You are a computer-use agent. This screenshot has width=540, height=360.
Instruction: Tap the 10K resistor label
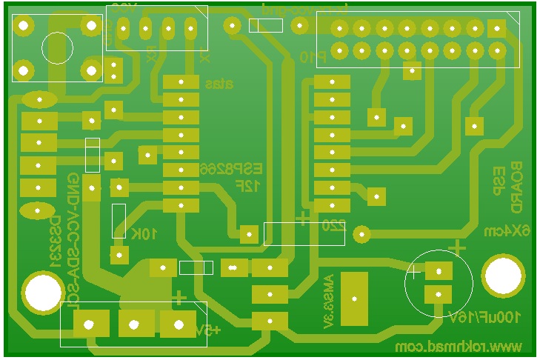tap(144, 234)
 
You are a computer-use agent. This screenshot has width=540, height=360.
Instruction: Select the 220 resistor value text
tap(334, 226)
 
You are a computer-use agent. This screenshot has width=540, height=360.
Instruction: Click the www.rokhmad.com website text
tap(459, 347)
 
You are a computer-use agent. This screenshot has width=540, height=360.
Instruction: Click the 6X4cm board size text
tap(510, 231)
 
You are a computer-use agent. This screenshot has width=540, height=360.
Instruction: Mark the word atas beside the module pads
tap(219, 84)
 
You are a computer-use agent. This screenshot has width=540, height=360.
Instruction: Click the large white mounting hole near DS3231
tap(43, 293)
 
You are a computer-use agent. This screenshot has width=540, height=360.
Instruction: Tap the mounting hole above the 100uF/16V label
tap(504, 276)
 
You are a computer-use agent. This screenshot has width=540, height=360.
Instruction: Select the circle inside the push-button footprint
tap(57, 48)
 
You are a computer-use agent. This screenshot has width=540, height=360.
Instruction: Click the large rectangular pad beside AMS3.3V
tap(354, 299)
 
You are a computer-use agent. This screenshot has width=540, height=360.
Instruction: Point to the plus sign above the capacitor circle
tap(459, 246)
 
